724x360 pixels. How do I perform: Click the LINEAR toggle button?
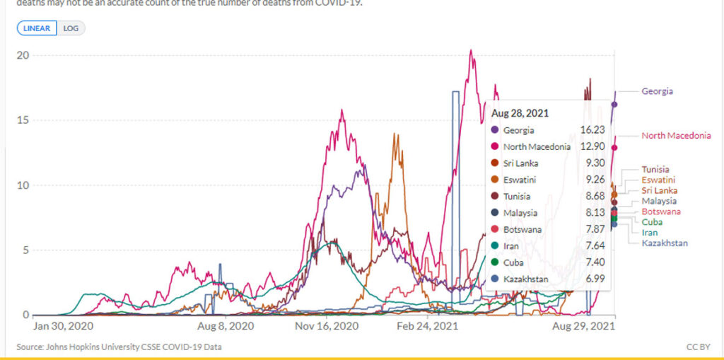tap(37, 28)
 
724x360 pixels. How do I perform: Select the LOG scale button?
tap(71, 28)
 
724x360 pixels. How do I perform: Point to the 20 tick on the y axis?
tap(23, 55)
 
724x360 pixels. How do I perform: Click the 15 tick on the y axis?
tap(23, 120)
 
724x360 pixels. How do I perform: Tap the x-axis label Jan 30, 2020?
tap(64, 327)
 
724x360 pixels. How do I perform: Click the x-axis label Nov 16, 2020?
tap(327, 327)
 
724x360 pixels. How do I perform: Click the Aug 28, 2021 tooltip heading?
tap(520, 112)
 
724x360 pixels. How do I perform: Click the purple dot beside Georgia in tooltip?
tap(494, 130)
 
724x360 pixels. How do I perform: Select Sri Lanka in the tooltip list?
tap(521, 163)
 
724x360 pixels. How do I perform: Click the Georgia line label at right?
tap(657, 91)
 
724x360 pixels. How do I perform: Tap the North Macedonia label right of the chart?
tap(676, 136)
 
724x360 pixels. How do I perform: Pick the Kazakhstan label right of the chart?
tap(665, 243)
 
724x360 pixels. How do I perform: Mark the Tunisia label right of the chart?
tap(655, 170)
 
